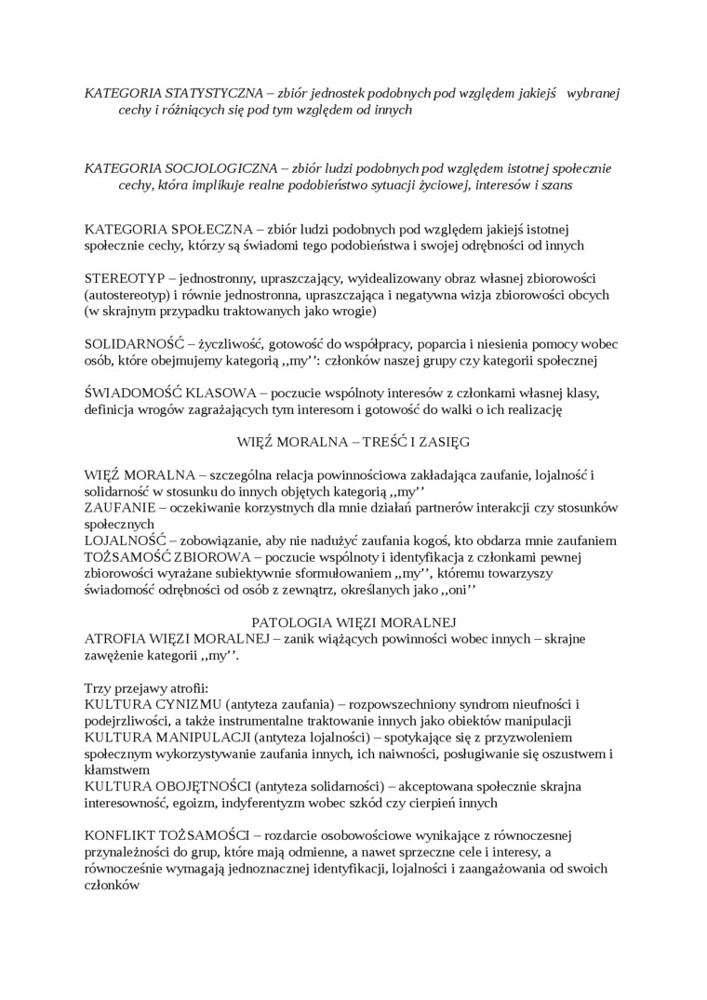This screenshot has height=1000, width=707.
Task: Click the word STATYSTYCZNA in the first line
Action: point(203,93)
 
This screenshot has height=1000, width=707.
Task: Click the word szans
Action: point(555,184)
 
